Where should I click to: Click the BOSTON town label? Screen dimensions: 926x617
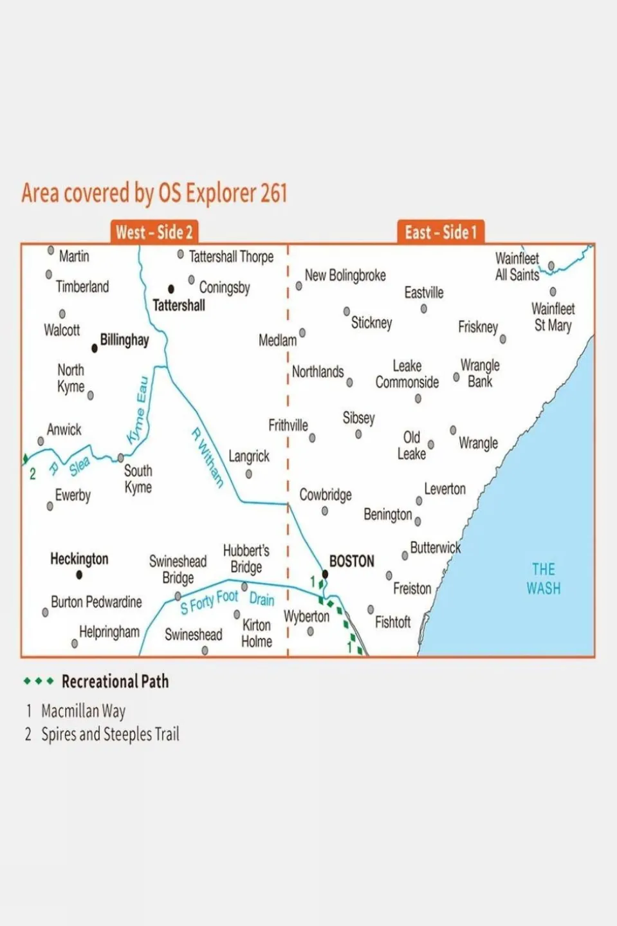click(351, 561)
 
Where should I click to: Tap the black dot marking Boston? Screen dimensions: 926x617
click(325, 574)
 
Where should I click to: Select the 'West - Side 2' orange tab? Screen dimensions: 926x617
click(154, 232)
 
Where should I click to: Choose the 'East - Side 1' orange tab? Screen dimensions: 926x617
click(441, 232)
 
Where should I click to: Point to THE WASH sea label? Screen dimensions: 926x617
click(544, 579)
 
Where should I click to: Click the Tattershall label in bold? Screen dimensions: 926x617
click(179, 305)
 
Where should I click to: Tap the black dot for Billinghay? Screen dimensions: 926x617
click(95, 348)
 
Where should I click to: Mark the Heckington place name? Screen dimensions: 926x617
click(79, 559)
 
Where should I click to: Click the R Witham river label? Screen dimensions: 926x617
click(207, 457)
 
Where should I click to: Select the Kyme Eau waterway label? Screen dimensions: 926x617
click(138, 410)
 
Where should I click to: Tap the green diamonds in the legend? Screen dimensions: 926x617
click(39, 681)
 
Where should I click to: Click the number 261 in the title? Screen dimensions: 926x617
click(273, 193)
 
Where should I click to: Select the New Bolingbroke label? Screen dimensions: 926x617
click(345, 275)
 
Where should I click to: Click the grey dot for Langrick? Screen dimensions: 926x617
click(249, 474)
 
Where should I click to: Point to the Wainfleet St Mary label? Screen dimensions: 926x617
click(553, 317)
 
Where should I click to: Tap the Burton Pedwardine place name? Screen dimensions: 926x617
click(97, 602)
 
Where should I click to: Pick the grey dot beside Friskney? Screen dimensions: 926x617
click(502, 338)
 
